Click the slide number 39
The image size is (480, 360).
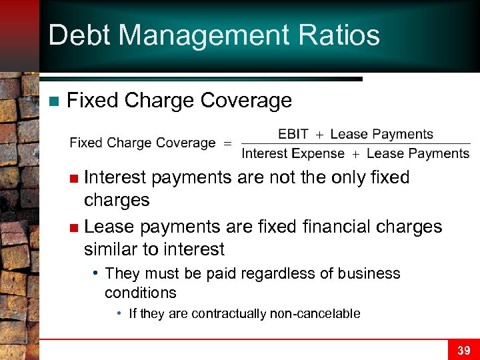tap(463, 350)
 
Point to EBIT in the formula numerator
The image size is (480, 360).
tap(293, 134)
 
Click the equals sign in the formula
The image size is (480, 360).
tap(227, 143)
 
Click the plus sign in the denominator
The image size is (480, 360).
tap(355, 154)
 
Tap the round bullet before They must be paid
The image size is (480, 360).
tap(97, 273)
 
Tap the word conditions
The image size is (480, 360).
tap(140, 293)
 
